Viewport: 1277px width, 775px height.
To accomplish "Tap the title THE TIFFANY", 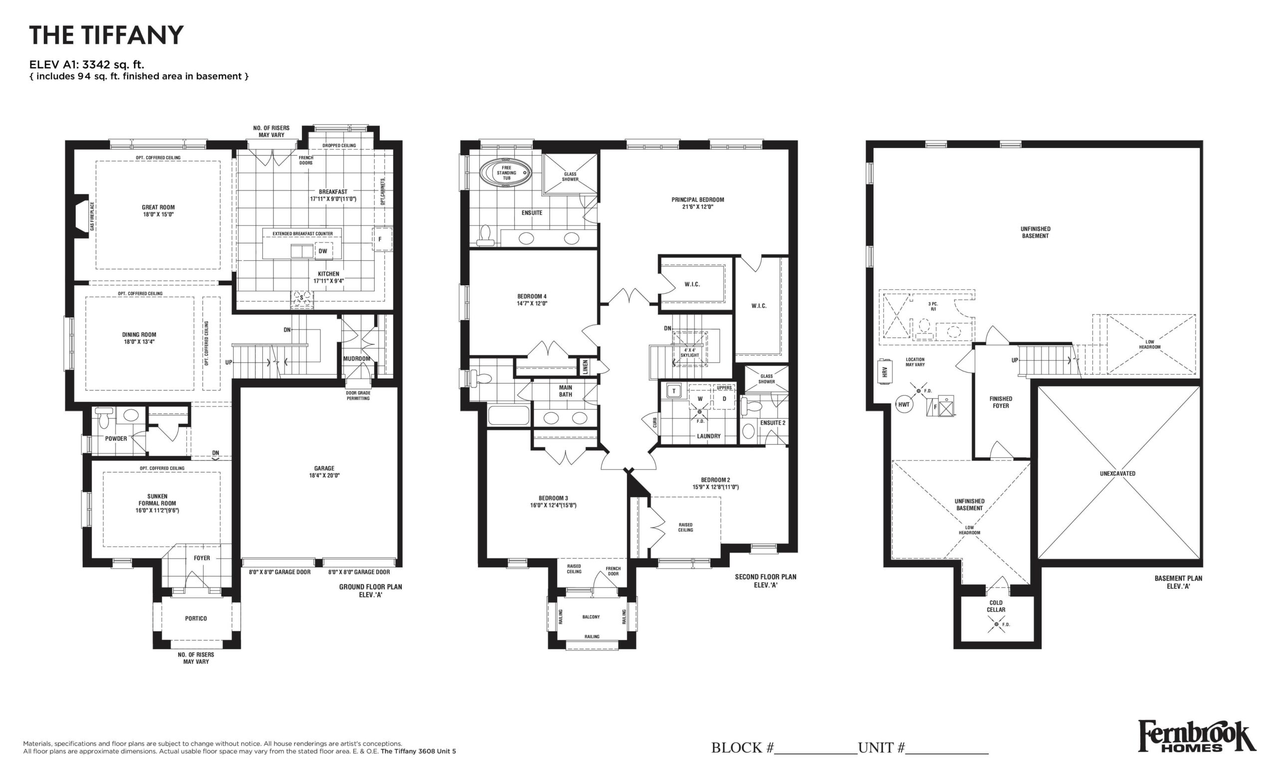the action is coord(106,35).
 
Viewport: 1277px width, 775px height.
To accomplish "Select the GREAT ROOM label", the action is coord(158,207).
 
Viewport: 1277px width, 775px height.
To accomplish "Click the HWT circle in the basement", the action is coord(904,404).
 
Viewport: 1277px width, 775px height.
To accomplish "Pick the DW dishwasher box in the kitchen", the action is coord(323,251).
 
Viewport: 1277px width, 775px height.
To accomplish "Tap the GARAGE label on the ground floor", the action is coord(324,468).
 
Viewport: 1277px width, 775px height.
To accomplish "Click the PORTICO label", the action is coord(196,618).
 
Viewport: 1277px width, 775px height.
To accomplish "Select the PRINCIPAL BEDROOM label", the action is coord(697,199).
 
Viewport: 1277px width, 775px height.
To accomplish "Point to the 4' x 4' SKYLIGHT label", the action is coord(690,353).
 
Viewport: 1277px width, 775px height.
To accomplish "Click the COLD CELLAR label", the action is coord(996,606).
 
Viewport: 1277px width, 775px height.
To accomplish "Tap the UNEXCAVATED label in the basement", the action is coord(1117,473).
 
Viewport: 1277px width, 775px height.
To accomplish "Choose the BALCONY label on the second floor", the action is coord(591,617).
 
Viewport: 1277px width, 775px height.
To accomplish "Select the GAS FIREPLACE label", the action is coord(92,216).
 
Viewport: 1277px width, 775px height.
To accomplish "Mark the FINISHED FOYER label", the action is coord(1001,402).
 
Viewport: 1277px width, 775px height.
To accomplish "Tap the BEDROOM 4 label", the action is coord(532,296).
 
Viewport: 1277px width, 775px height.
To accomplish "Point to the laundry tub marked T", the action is coord(674,390).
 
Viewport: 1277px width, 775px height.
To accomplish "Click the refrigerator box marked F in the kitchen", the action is coord(383,239).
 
